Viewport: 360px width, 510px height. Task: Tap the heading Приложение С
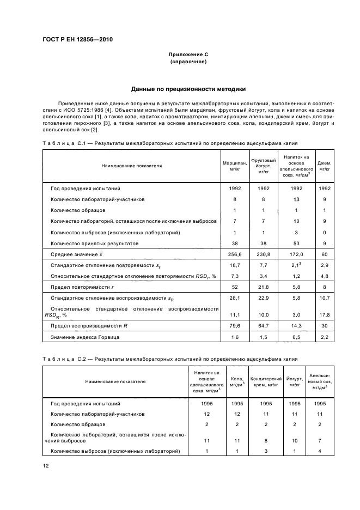188,55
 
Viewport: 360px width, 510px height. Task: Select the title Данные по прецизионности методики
188,89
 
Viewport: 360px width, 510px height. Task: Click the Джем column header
325,166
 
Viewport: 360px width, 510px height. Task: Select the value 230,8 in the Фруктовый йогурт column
264,254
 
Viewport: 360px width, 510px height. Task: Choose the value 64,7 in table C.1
264,326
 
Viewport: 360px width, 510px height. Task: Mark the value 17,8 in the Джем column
325,314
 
